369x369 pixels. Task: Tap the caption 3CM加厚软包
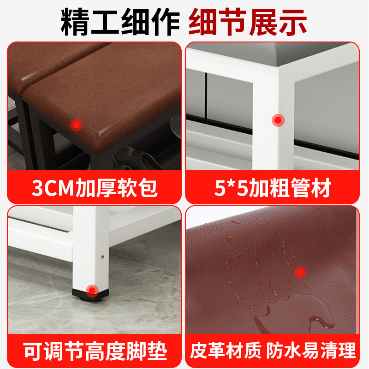tap(95, 188)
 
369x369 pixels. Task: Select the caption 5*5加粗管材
tap(273, 188)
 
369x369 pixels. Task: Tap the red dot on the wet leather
tap(301, 273)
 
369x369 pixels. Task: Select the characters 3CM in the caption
tap(49, 188)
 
